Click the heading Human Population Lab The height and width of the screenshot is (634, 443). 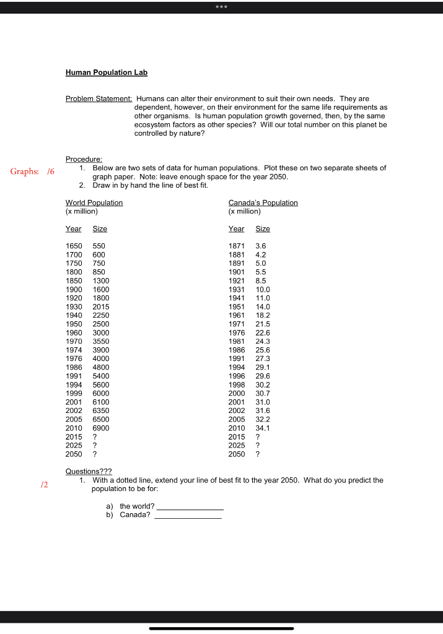coord(107,72)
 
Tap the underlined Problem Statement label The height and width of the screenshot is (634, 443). coord(99,98)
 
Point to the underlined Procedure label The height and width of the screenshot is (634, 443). coord(84,159)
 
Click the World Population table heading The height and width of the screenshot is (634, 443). coord(94,202)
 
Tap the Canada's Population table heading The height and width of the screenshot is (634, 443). coord(263,202)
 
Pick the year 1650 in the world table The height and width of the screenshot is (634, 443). coord(74,246)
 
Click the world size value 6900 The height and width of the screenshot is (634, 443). coord(101,428)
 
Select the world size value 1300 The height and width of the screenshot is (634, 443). coord(101,280)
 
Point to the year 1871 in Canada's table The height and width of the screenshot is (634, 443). coord(237,246)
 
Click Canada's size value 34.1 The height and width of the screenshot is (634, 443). coord(263,428)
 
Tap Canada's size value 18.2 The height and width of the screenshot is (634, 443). coord(263,315)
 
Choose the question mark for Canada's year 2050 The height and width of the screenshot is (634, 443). coord(258,454)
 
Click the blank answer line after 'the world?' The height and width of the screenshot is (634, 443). coord(190,507)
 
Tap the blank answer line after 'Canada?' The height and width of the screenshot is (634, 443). coord(188,516)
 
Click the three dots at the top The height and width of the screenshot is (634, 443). coord(221,7)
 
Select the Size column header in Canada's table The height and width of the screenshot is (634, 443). coord(263,228)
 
